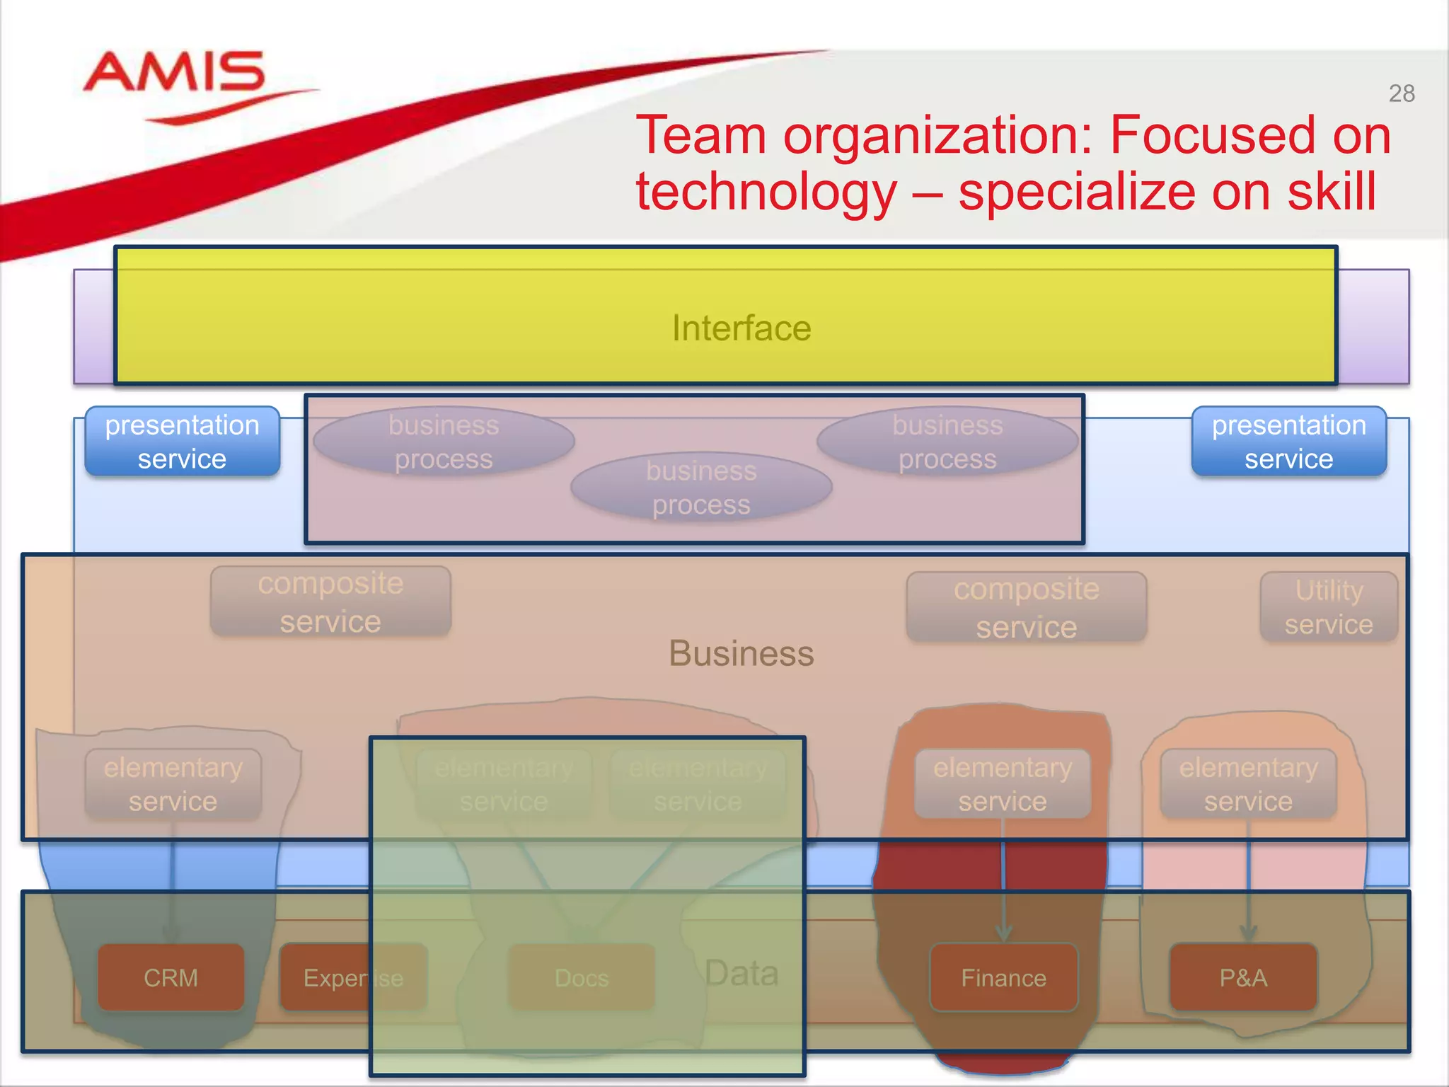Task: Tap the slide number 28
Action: point(1401,93)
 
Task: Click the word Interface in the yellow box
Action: point(741,328)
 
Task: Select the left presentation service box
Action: point(183,442)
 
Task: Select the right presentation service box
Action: point(1288,442)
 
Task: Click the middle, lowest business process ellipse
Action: point(701,488)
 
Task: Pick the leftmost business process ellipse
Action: point(444,442)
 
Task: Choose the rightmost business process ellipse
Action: point(947,442)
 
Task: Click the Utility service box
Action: point(1328,607)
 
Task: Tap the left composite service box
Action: point(330,602)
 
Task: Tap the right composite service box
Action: point(1026,608)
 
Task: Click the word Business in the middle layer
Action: point(741,653)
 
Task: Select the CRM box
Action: point(171,977)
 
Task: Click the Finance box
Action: point(1003,977)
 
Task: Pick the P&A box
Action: point(1243,977)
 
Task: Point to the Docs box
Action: point(582,977)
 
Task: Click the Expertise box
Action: point(353,977)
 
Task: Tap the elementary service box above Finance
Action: point(1003,784)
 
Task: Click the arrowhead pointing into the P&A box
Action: point(1248,933)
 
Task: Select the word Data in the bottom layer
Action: point(741,973)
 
